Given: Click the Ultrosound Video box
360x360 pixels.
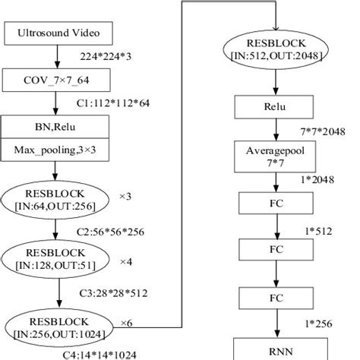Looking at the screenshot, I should point(58,34).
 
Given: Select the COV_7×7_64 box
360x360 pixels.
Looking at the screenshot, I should point(58,80).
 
